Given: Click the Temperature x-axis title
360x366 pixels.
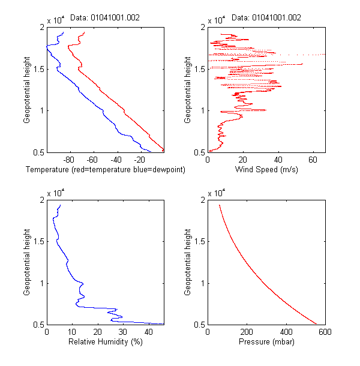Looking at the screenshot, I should [x=106, y=170].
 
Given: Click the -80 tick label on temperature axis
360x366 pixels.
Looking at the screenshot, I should [x=68, y=160].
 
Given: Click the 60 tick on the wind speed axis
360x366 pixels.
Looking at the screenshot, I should [x=313, y=160].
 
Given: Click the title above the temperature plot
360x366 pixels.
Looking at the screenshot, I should [x=105, y=18].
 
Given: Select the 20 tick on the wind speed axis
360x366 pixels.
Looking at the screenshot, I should [x=243, y=160].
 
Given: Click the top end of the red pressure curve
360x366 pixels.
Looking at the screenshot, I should [x=219, y=205].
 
